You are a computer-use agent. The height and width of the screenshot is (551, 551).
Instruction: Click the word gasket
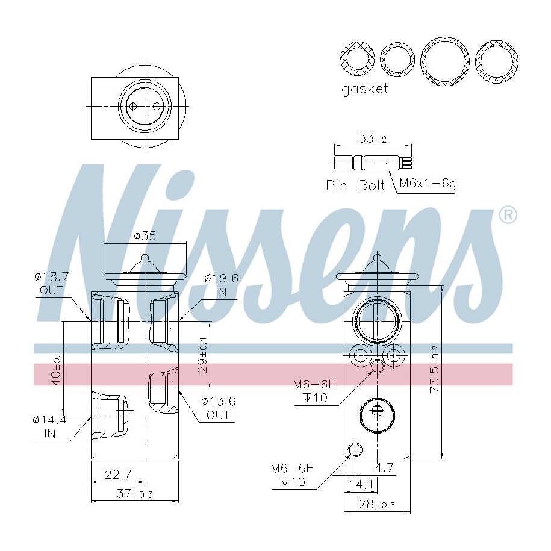pyautogui.click(x=365, y=89)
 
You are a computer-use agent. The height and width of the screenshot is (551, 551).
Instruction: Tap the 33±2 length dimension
pyautogui.click(x=373, y=139)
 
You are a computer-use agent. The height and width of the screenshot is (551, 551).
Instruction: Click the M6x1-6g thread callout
pyautogui.click(x=428, y=183)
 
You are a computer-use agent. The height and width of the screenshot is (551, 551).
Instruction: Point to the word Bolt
pyautogui.click(x=372, y=185)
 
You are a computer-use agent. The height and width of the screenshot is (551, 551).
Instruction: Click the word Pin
pyautogui.click(x=336, y=185)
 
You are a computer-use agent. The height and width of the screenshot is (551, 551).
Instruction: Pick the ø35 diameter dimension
pyautogui.click(x=145, y=235)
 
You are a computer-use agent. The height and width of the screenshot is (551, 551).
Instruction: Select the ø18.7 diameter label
pyautogui.click(x=51, y=276)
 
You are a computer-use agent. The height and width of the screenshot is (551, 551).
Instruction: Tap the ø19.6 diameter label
pyautogui.click(x=222, y=278)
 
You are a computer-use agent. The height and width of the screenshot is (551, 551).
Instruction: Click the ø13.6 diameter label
pyautogui.click(x=218, y=401)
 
